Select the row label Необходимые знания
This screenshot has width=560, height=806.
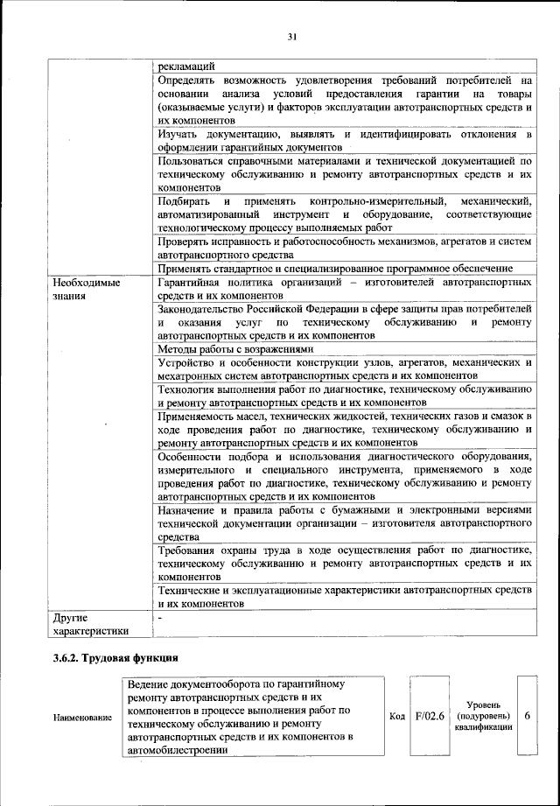[86, 290]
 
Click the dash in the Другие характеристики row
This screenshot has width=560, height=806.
[160, 618]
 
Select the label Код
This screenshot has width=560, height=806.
[396, 717]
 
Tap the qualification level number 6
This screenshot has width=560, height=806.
[527, 716]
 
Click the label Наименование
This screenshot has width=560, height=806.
[82, 718]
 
